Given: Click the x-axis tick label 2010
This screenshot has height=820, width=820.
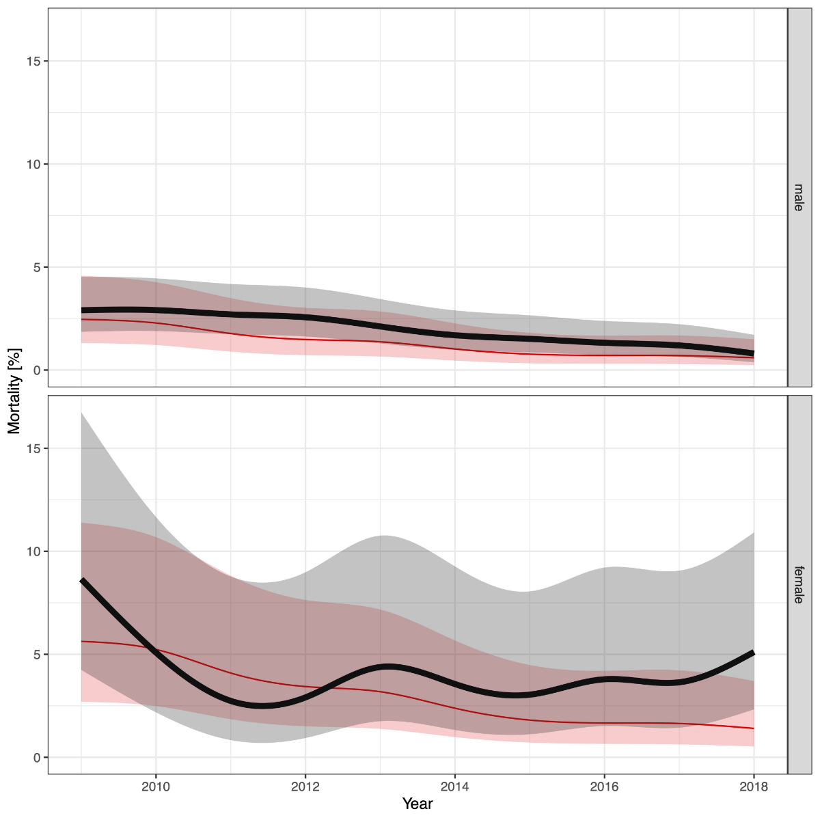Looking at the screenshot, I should (156, 787).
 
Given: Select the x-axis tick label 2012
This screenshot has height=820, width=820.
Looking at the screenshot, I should (305, 787).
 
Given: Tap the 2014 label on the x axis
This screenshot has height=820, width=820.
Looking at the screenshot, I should (454, 787).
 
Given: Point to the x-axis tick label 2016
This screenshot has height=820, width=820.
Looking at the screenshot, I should (604, 787).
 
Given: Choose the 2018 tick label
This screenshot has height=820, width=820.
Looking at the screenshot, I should (754, 787).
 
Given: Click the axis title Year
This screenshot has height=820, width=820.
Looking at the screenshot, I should (417, 804).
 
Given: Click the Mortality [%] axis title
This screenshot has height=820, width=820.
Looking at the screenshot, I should (14, 391).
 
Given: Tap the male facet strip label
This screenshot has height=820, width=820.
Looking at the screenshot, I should (799, 197).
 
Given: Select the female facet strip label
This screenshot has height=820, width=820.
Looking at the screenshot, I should (799, 584).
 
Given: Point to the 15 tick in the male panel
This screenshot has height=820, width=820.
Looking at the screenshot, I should (33, 61).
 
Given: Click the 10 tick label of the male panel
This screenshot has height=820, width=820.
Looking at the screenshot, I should (33, 164).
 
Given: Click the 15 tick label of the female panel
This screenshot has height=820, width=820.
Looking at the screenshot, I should (33, 448).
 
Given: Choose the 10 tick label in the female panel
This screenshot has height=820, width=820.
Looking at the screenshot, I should (33, 551).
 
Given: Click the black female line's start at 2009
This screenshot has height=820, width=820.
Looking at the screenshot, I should (82, 580).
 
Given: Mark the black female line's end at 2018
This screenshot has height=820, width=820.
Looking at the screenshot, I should (753, 653).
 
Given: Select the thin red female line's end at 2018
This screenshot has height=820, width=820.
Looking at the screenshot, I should (753, 728).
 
